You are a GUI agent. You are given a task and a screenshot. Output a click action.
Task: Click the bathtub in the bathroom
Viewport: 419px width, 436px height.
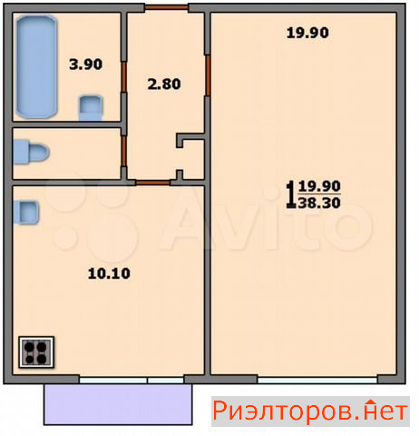coord(36,67)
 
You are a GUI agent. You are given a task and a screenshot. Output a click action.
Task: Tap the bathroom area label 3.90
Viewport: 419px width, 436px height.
coord(86,64)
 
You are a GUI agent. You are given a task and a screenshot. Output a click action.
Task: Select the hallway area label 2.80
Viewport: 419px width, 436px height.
coord(164,84)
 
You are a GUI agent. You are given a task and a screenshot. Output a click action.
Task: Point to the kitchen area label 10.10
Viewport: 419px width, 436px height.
coord(109,273)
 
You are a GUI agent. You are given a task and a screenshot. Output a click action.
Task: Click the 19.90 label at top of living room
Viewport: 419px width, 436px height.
coord(307,33)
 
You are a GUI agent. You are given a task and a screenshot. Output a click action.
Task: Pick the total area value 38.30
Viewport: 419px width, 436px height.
coord(319,203)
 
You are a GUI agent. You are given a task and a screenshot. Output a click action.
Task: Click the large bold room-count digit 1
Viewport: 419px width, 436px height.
coord(291,194)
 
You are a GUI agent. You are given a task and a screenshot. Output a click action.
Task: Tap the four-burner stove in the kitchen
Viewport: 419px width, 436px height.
coord(36,352)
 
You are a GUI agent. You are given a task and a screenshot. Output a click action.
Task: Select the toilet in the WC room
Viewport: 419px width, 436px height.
coord(31,152)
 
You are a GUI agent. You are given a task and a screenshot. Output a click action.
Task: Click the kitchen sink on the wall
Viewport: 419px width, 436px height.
coord(26,213)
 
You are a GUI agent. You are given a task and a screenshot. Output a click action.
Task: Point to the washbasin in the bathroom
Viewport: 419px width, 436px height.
coord(91,108)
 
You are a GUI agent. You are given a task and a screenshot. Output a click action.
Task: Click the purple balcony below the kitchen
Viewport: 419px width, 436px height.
coord(118,404)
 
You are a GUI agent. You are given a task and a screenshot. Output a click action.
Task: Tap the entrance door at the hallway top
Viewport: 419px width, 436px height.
coord(167,7)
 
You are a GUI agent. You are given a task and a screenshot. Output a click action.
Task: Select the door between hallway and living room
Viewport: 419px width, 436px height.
coord(208,75)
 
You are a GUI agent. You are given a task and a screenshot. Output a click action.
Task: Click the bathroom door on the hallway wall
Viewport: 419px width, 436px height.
coord(123,76)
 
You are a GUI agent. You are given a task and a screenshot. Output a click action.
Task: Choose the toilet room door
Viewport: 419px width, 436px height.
coord(123,152)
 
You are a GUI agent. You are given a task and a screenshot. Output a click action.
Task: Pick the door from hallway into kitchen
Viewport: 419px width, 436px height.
coord(152,183)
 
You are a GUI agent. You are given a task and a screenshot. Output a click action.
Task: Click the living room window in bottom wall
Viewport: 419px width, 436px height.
coord(317,380)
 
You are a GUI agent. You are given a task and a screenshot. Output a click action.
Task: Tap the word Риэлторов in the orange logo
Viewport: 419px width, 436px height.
coord(282,411)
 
